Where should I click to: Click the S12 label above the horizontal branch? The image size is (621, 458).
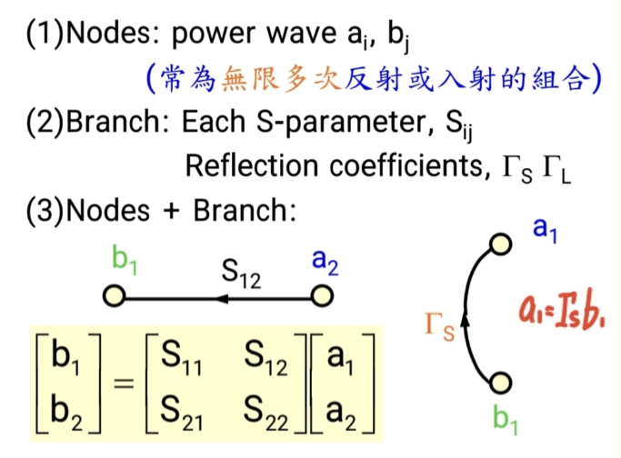242,273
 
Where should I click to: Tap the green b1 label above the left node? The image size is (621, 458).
125,260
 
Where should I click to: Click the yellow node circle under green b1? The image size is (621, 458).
113,296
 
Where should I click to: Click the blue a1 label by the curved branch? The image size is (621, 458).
545,230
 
